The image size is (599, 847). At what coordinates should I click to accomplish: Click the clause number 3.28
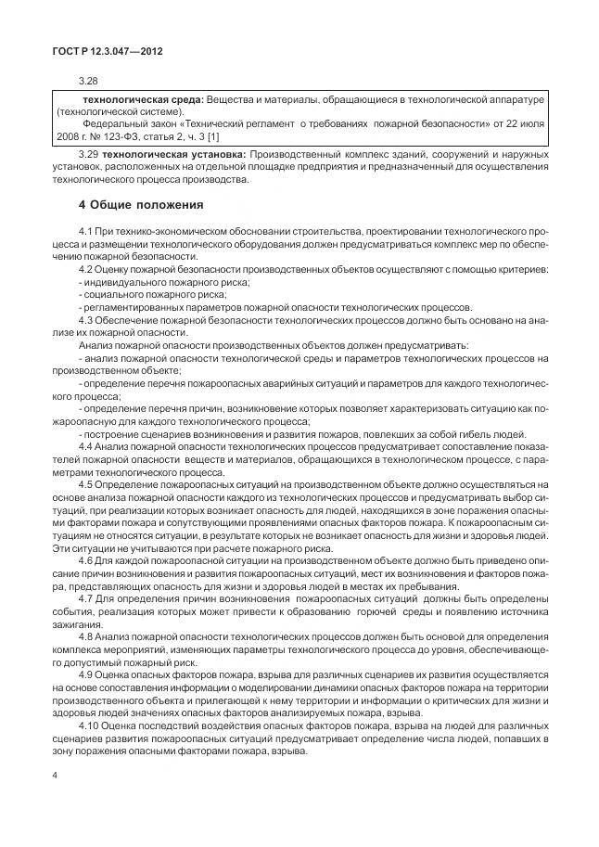pyautogui.click(x=88, y=82)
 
